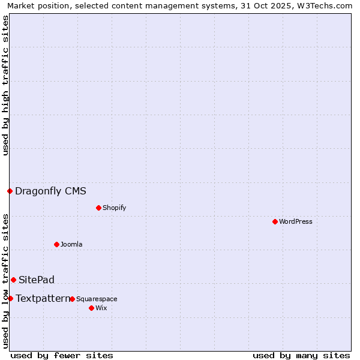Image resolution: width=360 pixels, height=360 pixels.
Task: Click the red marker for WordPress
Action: click(x=275, y=221)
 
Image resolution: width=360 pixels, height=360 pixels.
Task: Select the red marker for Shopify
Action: click(x=98, y=208)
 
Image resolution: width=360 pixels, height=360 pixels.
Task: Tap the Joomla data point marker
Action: click(x=56, y=244)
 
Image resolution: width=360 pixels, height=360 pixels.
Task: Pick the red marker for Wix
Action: click(x=91, y=308)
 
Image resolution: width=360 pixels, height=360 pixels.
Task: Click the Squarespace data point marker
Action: click(x=72, y=299)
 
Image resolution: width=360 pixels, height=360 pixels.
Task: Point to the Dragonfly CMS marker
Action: click(x=10, y=191)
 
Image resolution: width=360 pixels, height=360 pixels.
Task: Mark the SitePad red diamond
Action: click(x=13, y=280)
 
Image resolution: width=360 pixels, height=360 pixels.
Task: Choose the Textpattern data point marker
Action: click(x=10, y=298)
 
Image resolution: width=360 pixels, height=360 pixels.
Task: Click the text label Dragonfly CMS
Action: click(x=50, y=191)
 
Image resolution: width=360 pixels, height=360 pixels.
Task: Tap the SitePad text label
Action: click(x=36, y=280)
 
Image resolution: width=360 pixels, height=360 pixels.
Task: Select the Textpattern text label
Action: click(x=43, y=298)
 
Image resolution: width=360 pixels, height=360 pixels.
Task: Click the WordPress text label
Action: click(x=296, y=221)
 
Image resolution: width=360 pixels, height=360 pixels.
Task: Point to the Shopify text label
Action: click(x=114, y=208)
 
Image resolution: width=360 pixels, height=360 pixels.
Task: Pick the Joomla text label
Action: click(x=71, y=244)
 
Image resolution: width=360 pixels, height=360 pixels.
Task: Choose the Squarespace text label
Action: click(x=97, y=299)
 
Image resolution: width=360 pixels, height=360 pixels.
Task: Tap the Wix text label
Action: click(x=101, y=308)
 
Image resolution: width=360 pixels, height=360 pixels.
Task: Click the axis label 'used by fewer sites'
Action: click(x=62, y=355)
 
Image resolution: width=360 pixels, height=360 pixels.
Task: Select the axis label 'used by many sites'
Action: click(x=301, y=355)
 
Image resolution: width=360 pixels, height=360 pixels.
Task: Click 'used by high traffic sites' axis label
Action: click(x=5, y=85)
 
